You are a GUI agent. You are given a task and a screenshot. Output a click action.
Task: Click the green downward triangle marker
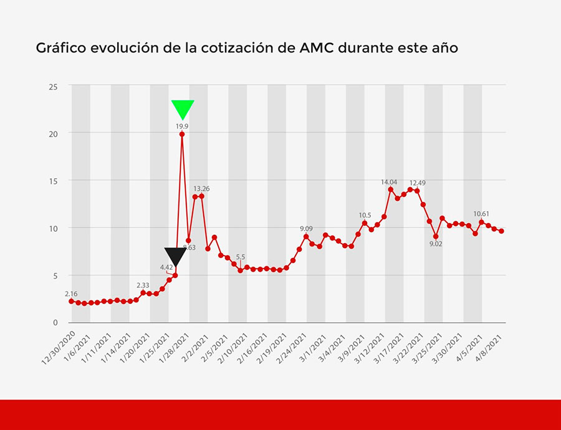183,108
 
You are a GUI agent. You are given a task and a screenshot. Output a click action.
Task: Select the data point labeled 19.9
182,134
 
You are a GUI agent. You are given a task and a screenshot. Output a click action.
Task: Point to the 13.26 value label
201,188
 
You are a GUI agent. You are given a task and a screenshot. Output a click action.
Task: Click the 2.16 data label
71,293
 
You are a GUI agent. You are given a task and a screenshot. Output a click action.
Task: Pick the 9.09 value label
306,229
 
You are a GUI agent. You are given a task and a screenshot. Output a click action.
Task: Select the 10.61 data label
482,214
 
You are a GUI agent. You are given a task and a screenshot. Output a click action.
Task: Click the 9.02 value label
436,244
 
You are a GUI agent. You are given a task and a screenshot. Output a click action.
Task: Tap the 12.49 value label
418,183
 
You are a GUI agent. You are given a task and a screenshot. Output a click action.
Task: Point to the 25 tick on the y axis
54,86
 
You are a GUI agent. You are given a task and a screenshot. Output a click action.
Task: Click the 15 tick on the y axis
54,181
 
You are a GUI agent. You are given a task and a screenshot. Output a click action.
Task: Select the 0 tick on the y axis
55,323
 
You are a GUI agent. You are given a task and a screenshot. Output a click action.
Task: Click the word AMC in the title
316,48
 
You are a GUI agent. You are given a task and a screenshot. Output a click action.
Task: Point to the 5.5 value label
241,257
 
